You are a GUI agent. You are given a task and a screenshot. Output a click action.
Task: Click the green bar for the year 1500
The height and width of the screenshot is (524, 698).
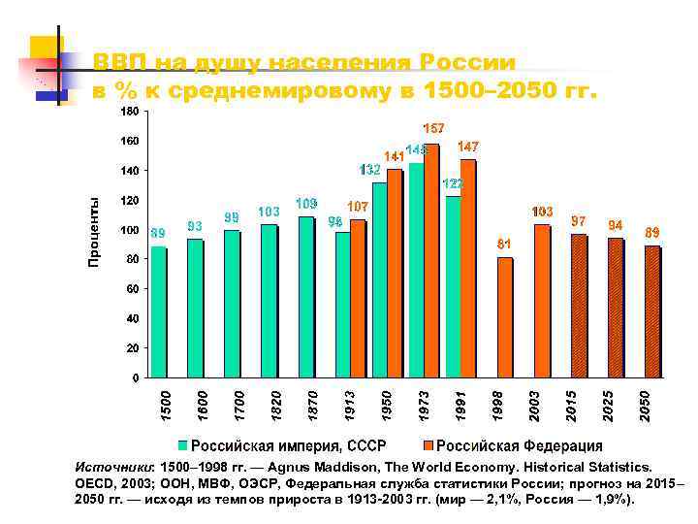tap(159, 311)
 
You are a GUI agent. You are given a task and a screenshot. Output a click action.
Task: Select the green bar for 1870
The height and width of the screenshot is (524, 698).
tap(306, 296)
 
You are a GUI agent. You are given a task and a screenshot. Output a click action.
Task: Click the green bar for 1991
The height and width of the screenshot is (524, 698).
tap(453, 286)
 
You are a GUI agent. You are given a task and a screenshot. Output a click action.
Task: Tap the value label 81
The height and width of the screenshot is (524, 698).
tap(504, 244)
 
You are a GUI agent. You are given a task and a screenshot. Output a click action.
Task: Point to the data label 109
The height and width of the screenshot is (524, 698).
tap(306, 204)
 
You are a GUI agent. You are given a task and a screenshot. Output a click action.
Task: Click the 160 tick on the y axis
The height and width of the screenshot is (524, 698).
tap(128, 142)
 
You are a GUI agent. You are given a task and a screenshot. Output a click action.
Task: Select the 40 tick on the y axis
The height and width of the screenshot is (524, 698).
tap(131, 318)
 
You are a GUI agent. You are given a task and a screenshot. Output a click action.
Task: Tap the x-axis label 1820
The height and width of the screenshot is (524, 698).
tap(276, 404)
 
